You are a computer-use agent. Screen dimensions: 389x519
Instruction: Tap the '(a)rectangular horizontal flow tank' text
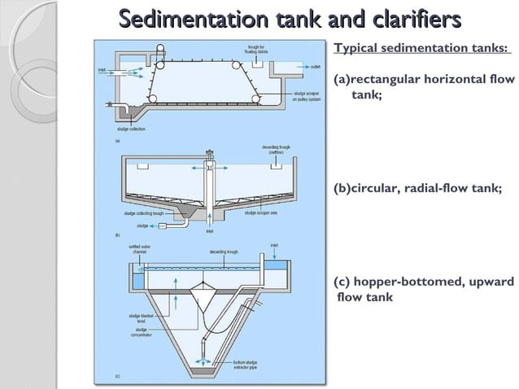tap(421, 87)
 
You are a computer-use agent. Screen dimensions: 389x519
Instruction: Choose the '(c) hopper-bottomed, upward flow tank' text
tap(424, 289)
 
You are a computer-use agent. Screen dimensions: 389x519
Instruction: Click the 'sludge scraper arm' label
tap(264, 212)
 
